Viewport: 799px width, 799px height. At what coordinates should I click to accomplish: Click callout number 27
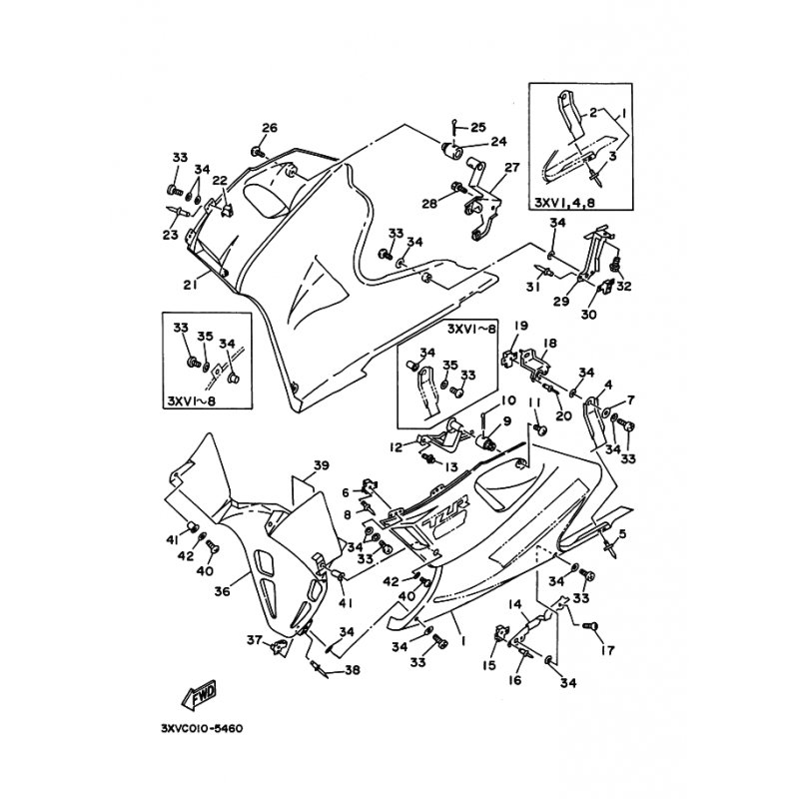pos(512,168)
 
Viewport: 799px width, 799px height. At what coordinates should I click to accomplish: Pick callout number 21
pos(188,285)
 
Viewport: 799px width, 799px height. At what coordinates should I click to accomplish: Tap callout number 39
pos(321,465)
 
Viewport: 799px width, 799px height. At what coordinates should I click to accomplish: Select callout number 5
pos(623,534)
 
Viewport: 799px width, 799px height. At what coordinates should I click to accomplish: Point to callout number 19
pos(520,326)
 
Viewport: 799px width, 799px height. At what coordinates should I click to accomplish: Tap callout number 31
pos(532,287)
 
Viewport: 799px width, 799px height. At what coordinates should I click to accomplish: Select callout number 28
pos(429,204)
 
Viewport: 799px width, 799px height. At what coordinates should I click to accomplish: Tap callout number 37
pos(254,639)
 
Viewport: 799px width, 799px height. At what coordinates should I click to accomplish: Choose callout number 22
pos(220,181)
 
